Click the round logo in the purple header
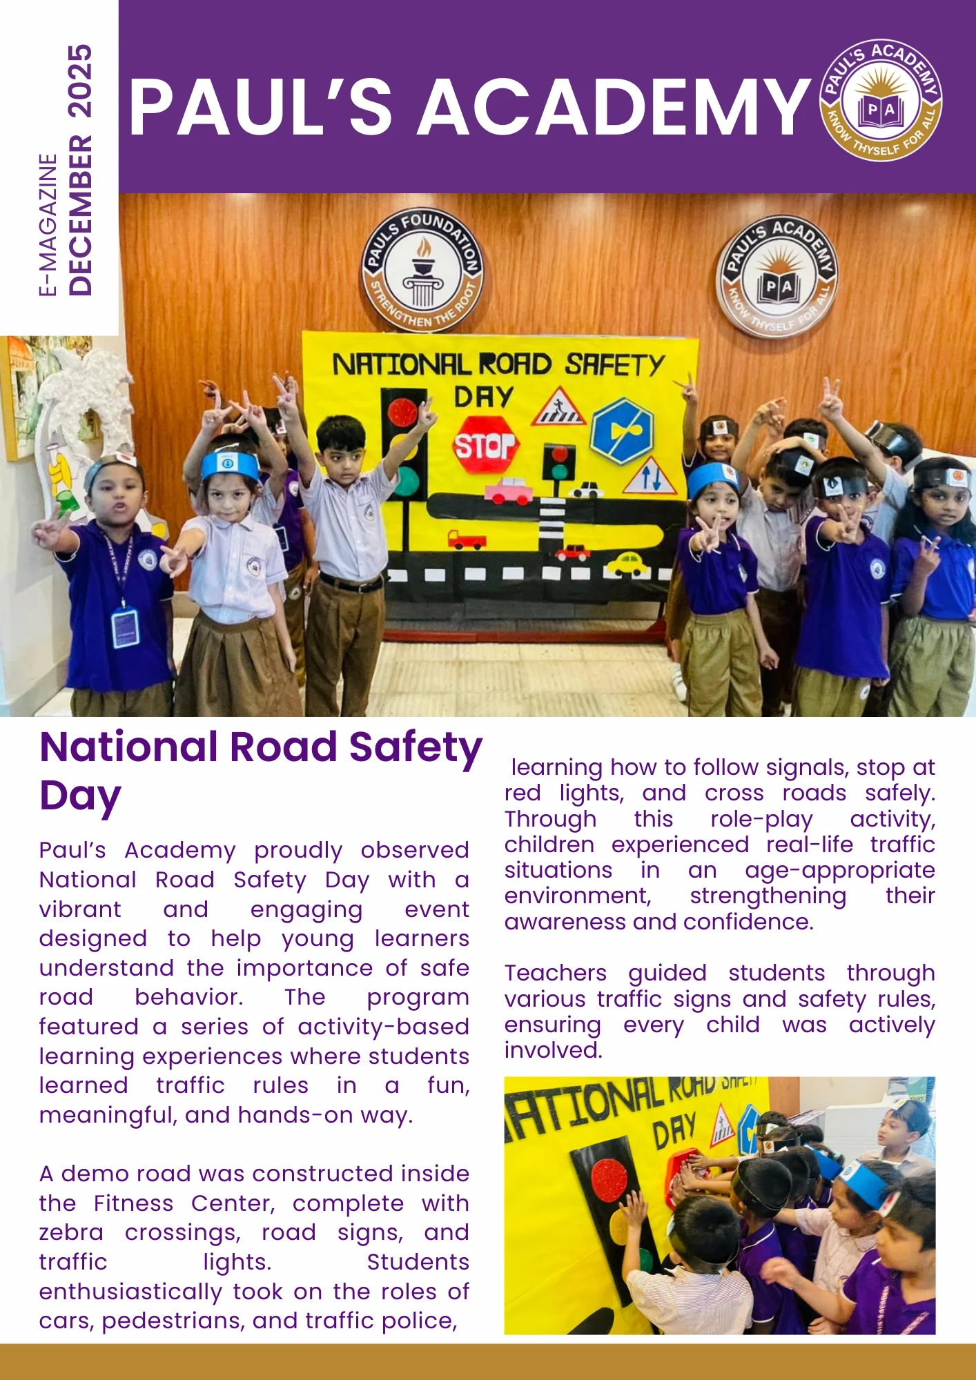click(x=881, y=101)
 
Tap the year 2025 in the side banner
click(x=80, y=81)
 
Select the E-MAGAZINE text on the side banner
click(x=48, y=225)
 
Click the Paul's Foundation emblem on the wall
click(x=422, y=269)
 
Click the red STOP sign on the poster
click(x=485, y=445)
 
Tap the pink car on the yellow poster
click(x=508, y=491)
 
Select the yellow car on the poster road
click(x=626, y=564)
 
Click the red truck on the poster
click(x=467, y=539)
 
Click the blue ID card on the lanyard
click(x=125, y=627)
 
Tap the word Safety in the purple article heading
click(x=415, y=747)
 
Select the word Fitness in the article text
click(x=133, y=1203)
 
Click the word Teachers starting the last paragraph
click(x=555, y=973)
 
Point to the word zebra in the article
click(x=71, y=1232)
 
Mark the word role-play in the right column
click(x=761, y=819)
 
